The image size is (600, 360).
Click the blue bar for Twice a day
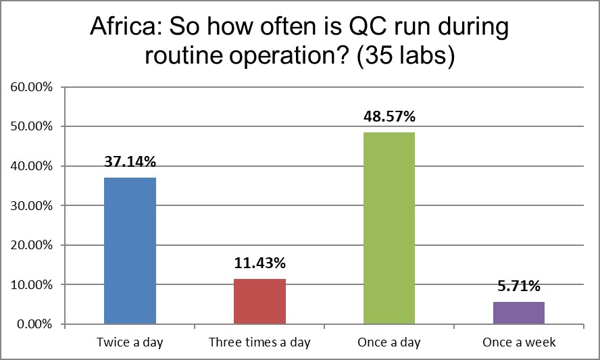(x=130, y=251)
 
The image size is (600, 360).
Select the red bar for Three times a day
(x=259, y=301)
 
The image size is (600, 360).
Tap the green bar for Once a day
(x=389, y=228)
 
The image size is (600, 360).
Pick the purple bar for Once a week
(x=519, y=313)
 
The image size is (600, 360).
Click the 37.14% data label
(x=130, y=162)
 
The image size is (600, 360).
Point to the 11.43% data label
(x=259, y=263)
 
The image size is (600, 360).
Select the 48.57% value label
(x=389, y=117)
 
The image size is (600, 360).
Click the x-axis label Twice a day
(x=130, y=342)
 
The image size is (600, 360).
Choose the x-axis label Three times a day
(x=259, y=342)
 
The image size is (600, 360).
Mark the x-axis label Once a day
(x=389, y=342)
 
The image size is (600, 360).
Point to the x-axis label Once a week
(x=519, y=342)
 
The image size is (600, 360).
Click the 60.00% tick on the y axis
(x=32, y=87)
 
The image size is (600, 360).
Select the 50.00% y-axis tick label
(x=32, y=126)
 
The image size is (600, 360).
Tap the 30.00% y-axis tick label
(x=32, y=205)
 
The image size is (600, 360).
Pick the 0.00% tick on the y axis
(x=35, y=324)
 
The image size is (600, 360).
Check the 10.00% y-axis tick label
(x=32, y=284)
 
